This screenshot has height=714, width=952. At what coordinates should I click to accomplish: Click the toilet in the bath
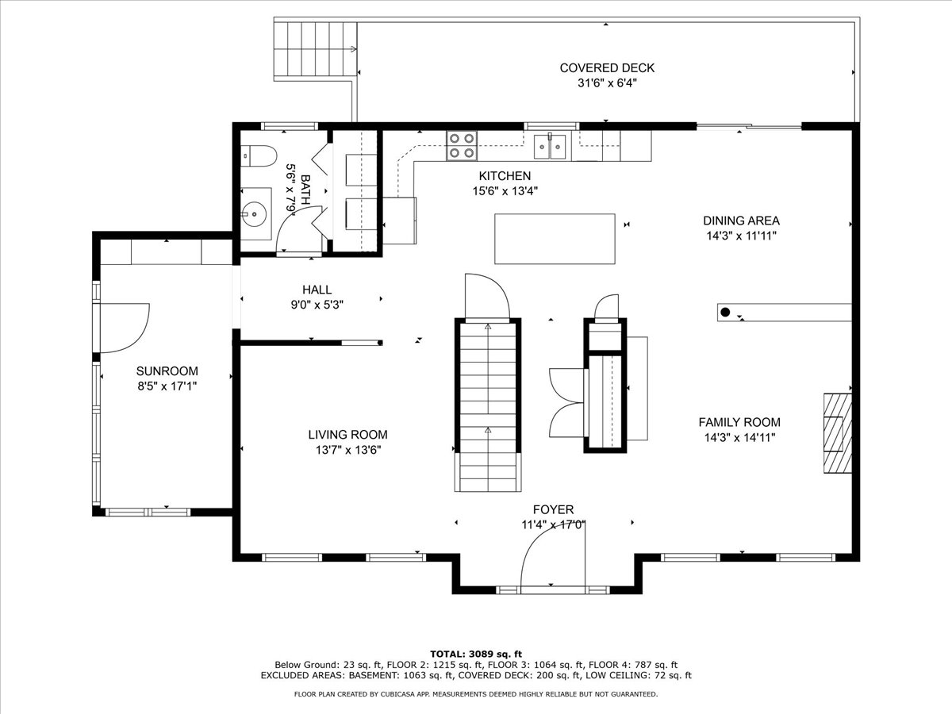tap(259, 156)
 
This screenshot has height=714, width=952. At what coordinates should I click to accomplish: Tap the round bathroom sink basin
tap(254, 213)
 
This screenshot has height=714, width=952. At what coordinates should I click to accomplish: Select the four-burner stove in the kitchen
tap(462, 146)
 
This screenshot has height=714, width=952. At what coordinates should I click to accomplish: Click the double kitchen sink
tap(550, 147)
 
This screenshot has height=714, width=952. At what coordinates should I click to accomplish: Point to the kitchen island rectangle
tap(555, 239)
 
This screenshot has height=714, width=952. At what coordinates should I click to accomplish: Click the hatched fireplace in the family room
tap(838, 433)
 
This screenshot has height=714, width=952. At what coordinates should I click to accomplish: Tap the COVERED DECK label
tap(607, 68)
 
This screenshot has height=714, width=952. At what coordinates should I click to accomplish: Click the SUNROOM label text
tap(167, 371)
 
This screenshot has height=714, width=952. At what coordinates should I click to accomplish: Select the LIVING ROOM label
tap(347, 435)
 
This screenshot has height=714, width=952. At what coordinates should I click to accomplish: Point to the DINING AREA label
tap(741, 221)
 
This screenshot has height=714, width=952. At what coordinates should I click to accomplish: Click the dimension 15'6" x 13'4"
tap(505, 191)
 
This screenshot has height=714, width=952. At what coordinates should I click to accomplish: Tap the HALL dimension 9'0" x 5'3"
tap(317, 305)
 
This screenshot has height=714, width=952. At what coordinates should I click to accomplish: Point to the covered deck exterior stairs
tap(315, 49)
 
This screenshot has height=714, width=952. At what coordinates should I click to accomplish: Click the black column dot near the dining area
tap(725, 312)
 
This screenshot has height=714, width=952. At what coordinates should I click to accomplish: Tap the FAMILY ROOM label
tap(739, 422)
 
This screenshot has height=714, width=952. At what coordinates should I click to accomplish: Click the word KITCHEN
tap(505, 176)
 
